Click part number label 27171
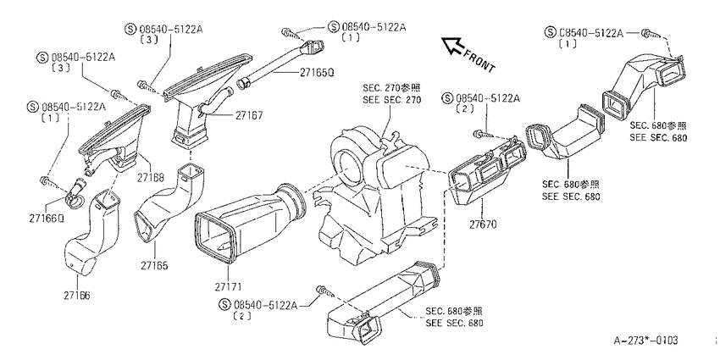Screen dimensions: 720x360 pos(228,286)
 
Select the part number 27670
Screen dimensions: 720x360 pos(483,224)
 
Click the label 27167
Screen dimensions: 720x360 pos(249,115)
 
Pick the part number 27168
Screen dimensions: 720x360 pos(150,177)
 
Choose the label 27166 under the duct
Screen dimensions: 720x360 pos(77,296)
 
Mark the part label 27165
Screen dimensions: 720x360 pos(154,265)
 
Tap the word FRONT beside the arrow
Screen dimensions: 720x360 pos(479,60)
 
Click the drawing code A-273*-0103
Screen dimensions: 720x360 pos(646,341)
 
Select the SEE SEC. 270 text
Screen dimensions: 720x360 pos(391,99)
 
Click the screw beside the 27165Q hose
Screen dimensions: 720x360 pos(288,32)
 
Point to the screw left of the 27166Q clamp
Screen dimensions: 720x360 pos(47,180)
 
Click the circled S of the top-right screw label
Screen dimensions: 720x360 pos(550,32)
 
